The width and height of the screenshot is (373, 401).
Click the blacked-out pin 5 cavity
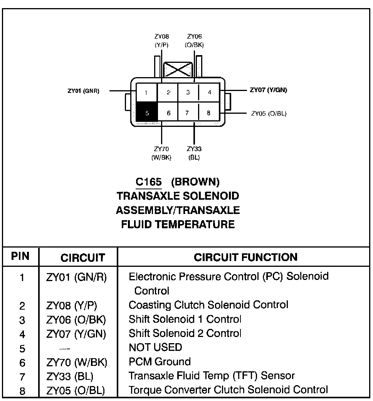(x=147, y=113)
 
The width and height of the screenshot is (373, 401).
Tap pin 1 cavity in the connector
(x=147, y=93)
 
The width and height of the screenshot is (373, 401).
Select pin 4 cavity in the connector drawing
(x=209, y=93)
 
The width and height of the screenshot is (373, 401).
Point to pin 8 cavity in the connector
(x=208, y=113)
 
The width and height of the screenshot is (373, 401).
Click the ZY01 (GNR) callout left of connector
(x=83, y=91)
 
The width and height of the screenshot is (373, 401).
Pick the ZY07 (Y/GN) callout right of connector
(x=268, y=90)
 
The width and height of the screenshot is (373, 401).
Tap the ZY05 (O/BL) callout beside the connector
(x=269, y=113)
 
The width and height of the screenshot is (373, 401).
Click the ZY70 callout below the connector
(x=161, y=153)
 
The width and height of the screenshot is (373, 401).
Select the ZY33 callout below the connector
(x=194, y=153)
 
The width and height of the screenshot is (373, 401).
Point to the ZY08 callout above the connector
(x=161, y=40)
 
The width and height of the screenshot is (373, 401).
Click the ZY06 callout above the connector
(x=194, y=40)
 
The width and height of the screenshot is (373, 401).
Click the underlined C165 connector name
(x=149, y=182)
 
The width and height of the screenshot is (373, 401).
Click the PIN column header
(x=20, y=256)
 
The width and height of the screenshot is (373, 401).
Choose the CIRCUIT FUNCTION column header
(x=245, y=257)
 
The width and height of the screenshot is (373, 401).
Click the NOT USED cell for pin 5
(x=155, y=347)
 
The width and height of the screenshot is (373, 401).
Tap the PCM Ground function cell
(x=160, y=362)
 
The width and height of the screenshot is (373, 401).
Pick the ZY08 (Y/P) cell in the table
(x=72, y=305)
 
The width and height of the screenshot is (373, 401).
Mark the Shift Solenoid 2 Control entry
(x=185, y=333)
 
